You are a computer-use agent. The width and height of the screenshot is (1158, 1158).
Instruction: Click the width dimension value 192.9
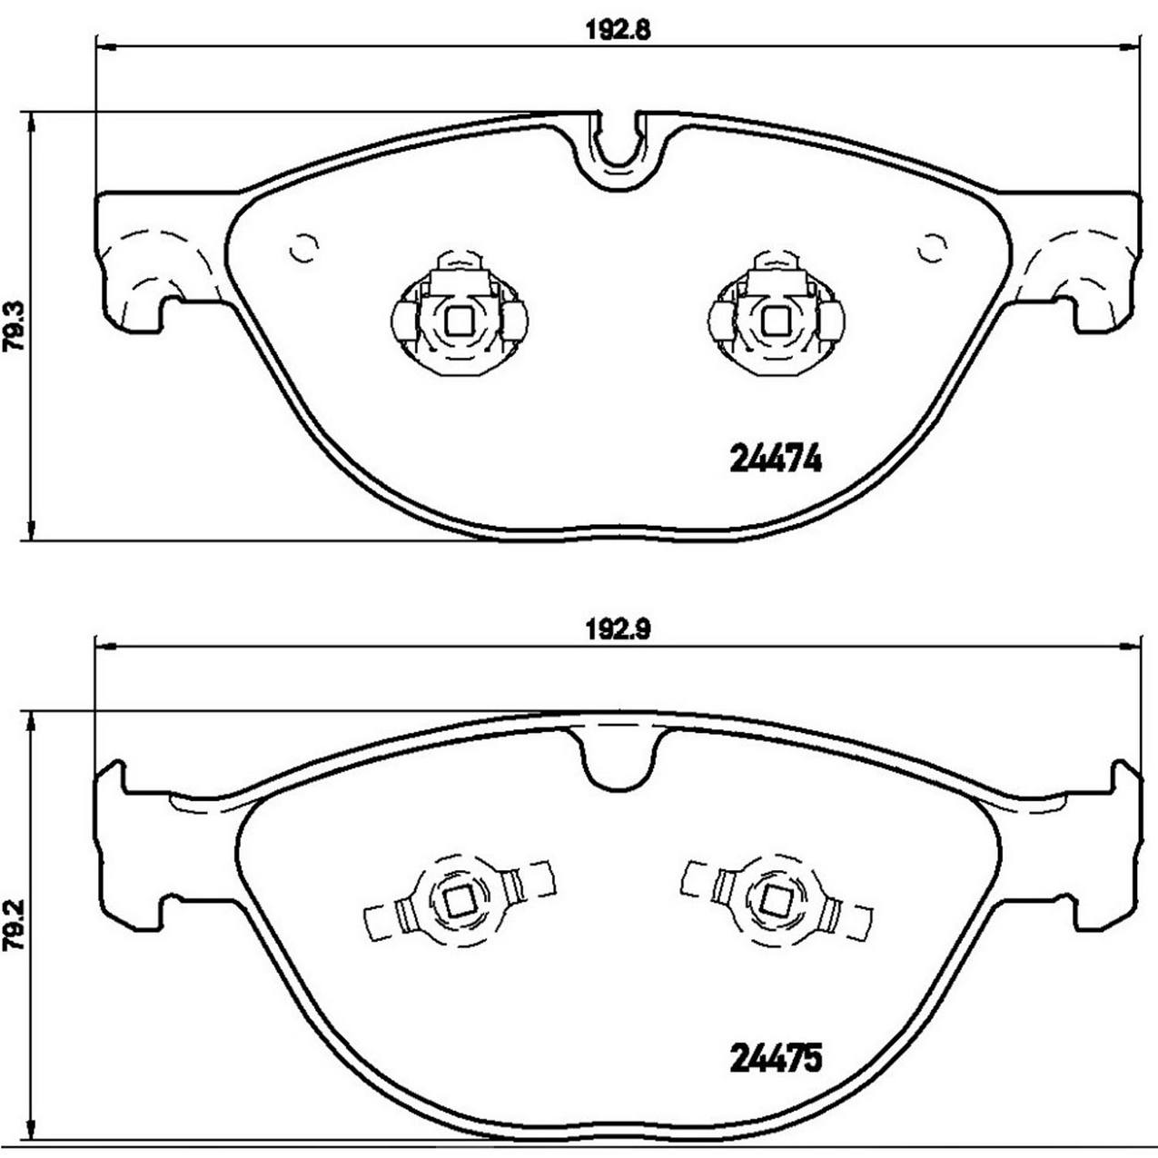(x=617, y=628)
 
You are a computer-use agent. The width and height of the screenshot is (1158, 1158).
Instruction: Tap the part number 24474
(x=776, y=461)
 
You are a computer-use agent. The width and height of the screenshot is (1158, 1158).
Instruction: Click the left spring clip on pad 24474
(x=459, y=313)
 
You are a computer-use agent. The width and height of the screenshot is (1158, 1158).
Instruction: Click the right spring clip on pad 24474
(x=776, y=313)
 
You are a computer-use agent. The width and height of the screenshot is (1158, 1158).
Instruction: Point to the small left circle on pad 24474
(x=302, y=248)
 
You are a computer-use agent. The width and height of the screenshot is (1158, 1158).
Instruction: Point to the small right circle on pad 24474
(x=932, y=248)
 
